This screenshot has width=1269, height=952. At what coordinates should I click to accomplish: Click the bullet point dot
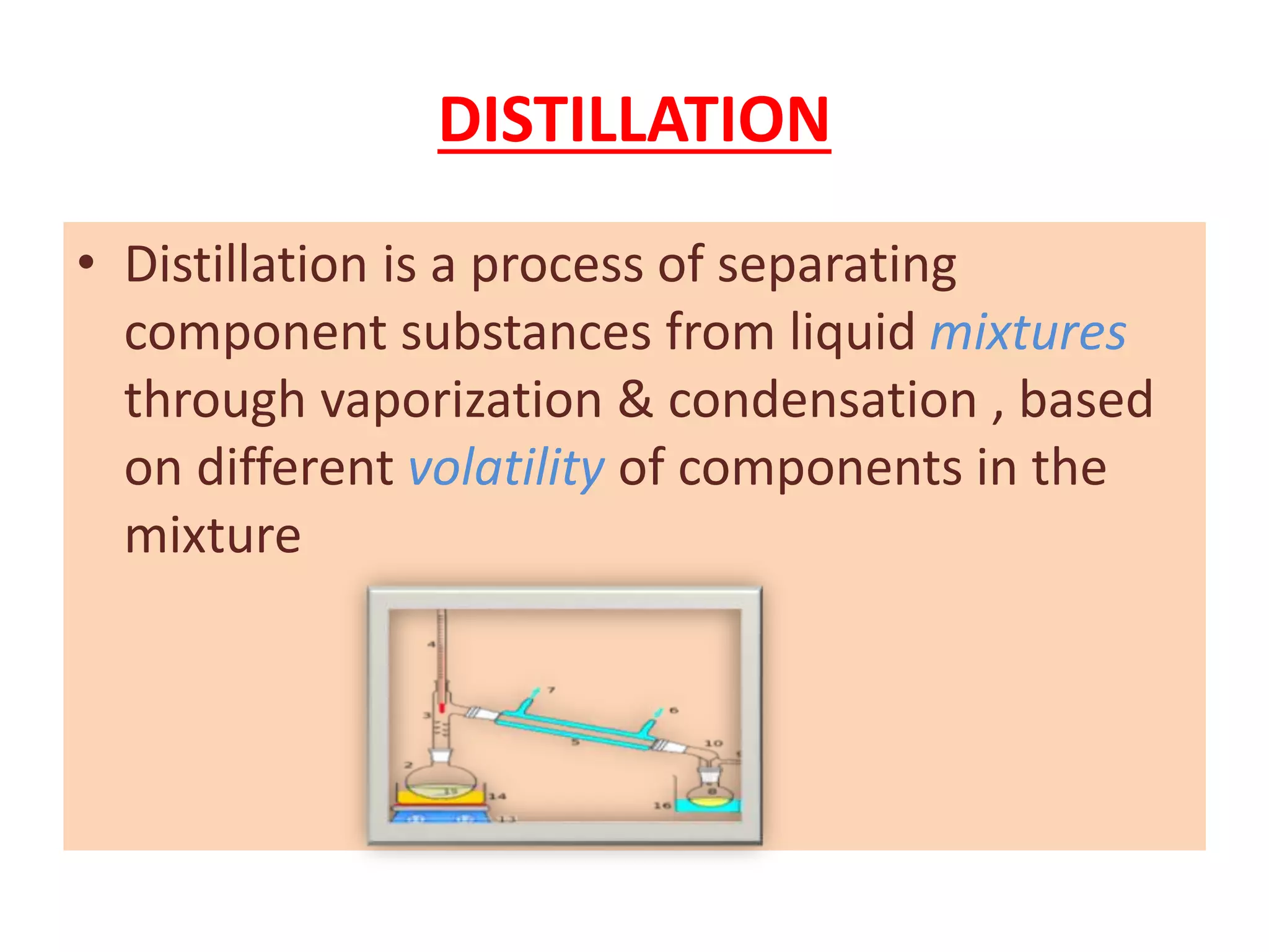coord(86,263)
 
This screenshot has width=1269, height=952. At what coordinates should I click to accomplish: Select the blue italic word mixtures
coord(1027,333)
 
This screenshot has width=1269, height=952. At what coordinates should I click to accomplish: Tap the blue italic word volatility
coord(506,467)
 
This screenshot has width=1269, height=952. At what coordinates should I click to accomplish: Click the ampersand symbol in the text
coord(634,400)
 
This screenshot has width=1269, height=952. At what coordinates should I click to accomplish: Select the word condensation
coord(822,400)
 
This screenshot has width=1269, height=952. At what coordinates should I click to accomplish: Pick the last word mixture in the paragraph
coord(213,535)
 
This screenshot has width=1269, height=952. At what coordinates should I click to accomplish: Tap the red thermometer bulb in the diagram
coord(442,707)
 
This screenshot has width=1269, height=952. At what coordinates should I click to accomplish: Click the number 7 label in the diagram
coord(551,690)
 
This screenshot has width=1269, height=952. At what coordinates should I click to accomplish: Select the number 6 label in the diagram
coord(674,710)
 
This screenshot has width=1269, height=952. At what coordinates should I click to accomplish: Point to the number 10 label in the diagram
coord(713,743)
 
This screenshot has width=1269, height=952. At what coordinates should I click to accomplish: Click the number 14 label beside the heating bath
coord(497,796)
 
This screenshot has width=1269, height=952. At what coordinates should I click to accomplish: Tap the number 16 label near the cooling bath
coord(662,805)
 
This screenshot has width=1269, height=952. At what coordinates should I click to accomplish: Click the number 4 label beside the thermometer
coord(431,645)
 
